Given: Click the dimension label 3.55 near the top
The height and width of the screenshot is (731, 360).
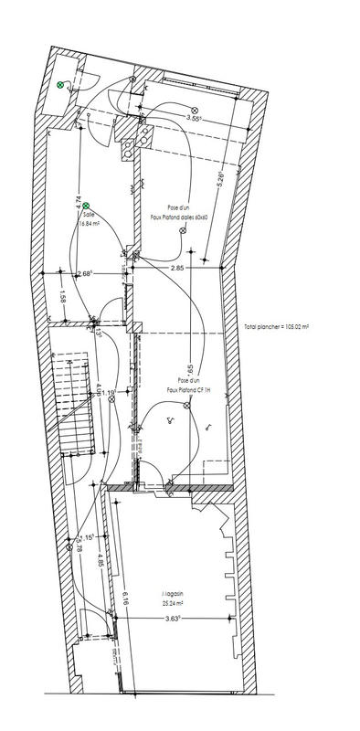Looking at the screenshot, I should pyautogui.click(x=193, y=118).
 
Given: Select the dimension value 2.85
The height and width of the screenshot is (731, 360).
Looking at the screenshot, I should pyautogui.click(x=179, y=268).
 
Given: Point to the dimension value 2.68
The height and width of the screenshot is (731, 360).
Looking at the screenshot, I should pyautogui.click(x=85, y=273).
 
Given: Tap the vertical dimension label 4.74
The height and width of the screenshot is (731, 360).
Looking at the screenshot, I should pyautogui.click(x=79, y=203).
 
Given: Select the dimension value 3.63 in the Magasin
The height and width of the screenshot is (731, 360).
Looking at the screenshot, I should pyautogui.click(x=171, y=619).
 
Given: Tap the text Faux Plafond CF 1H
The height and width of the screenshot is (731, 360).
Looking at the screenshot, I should pyautogui.click(x=188, y=389).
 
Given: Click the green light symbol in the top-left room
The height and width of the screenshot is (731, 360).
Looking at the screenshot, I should pyautogui.click(x=61, y=85).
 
